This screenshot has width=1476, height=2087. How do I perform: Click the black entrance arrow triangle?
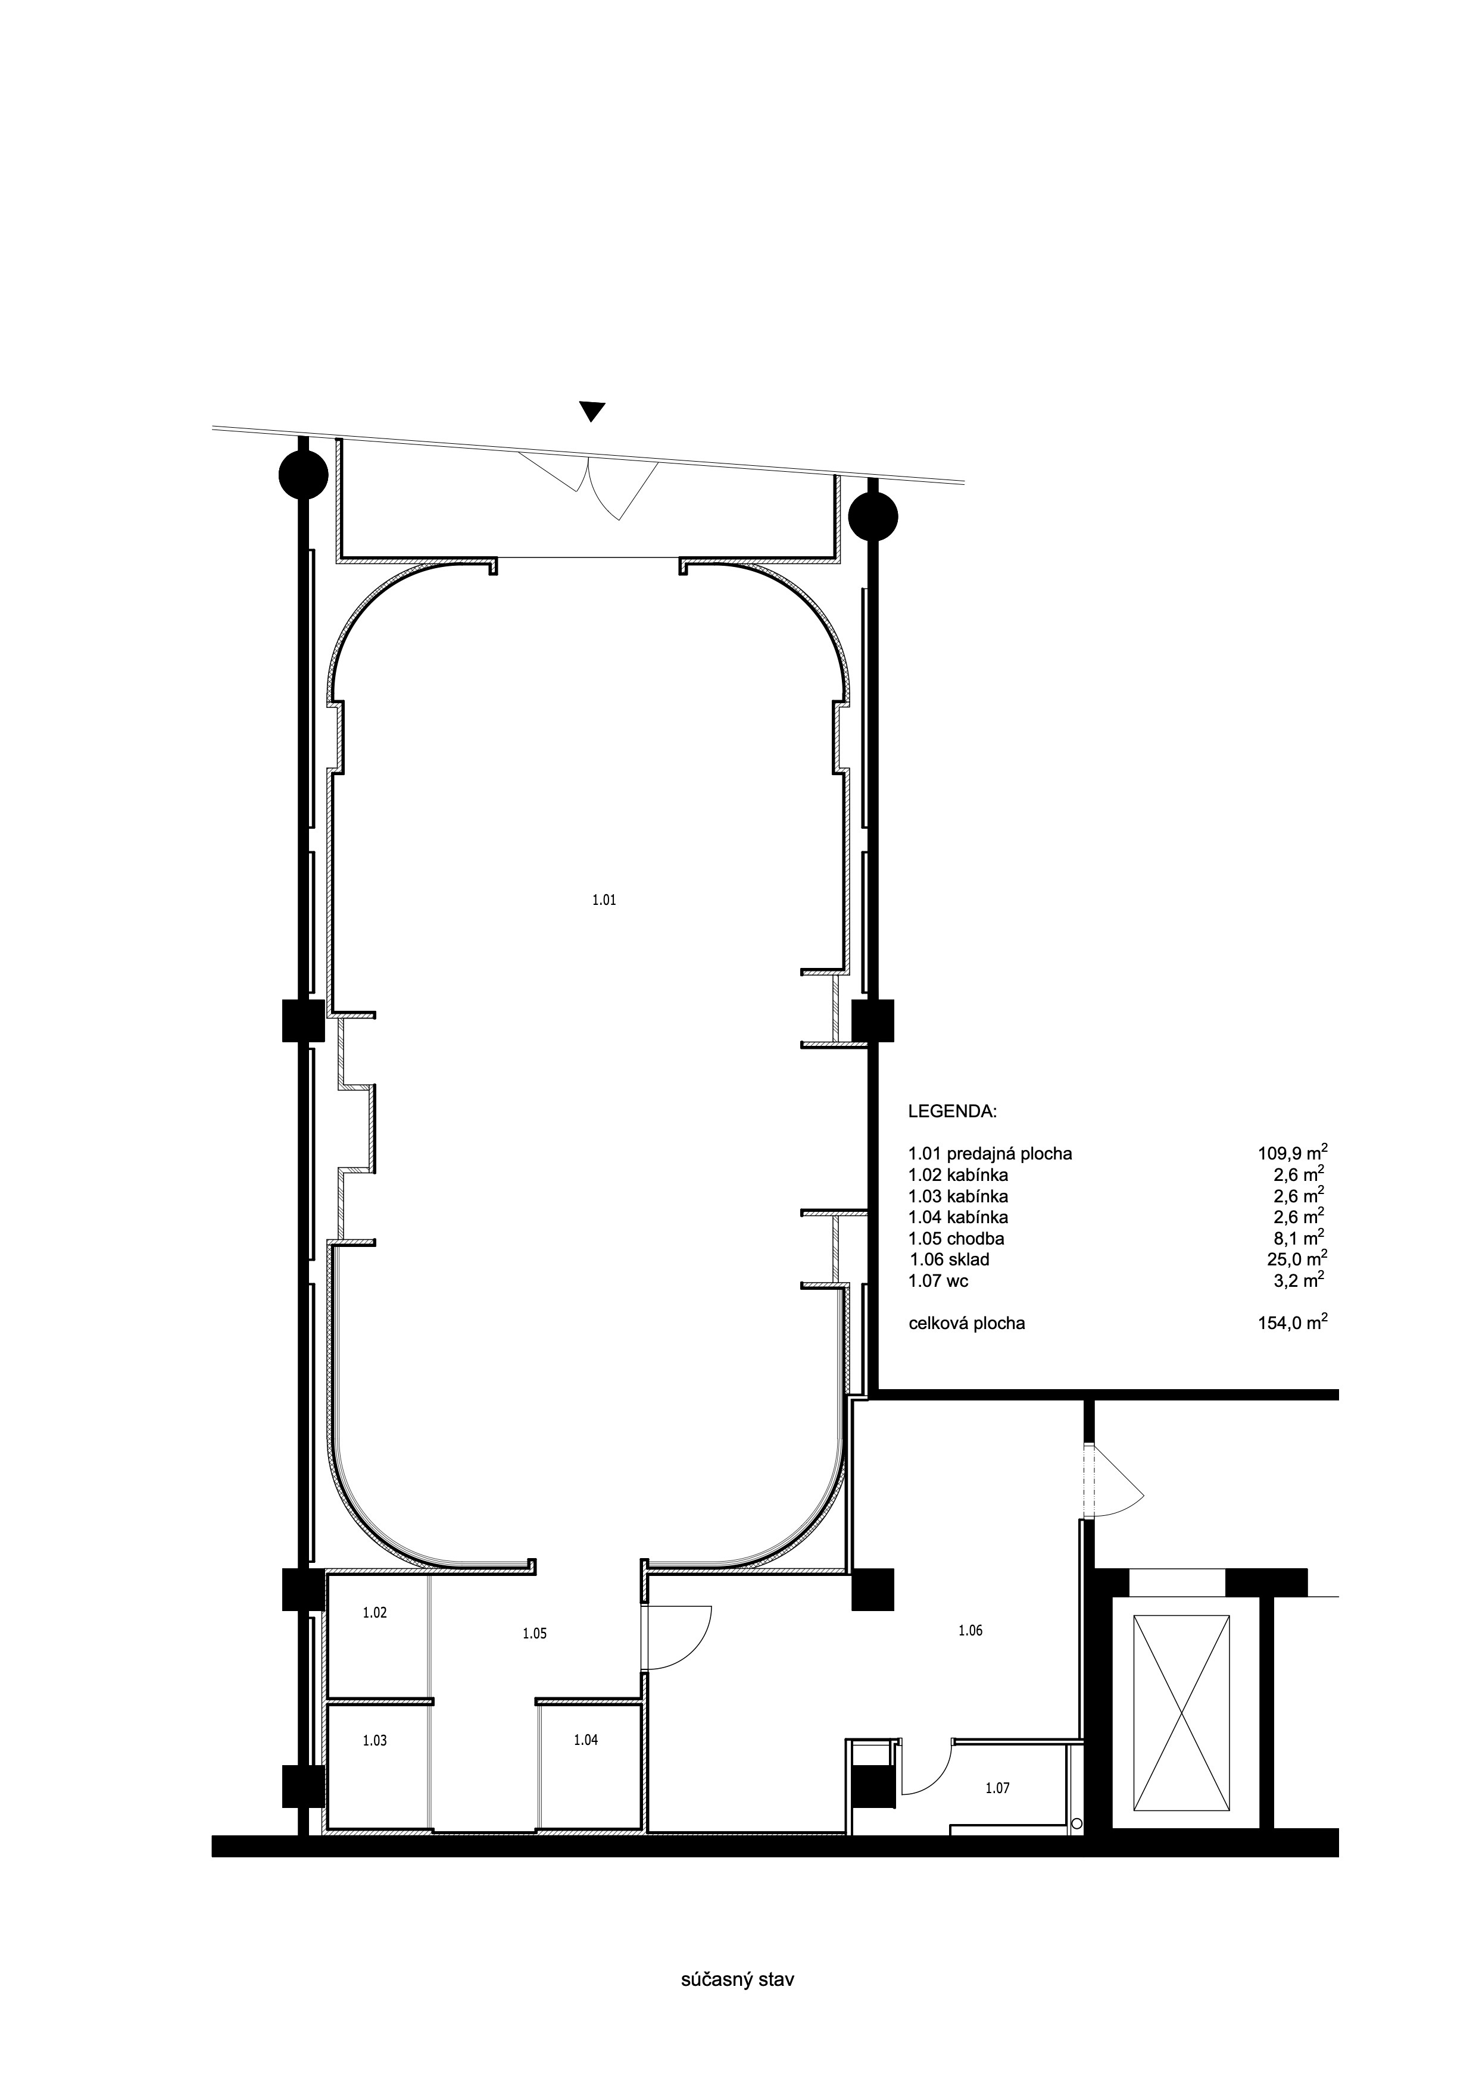pyautogui.click(x=592, y=412)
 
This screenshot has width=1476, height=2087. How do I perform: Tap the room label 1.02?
pyautogui.click(x=375, y=1613)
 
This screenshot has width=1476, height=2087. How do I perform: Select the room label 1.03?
pyautogui.click(x=375, y=1741)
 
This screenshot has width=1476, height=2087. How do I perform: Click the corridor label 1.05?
pyautogui.click(x=535, y=1634)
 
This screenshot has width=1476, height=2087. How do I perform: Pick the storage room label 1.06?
pyautogui.click(x=971, y=1631)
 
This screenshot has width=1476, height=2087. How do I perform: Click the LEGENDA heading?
pyautogui.click(x=952, y=1112)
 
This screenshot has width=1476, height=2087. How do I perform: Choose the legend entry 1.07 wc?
pyautogui.click(x=938, y=1281)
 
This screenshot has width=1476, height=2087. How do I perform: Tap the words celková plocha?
pyautogui.click(x=967, y=1324)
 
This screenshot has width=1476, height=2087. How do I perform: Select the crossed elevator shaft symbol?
pyautogui.click(x=1181, y=1703)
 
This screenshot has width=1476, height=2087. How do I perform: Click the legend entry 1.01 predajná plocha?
pyautogui.click(x=990, y=1154)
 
